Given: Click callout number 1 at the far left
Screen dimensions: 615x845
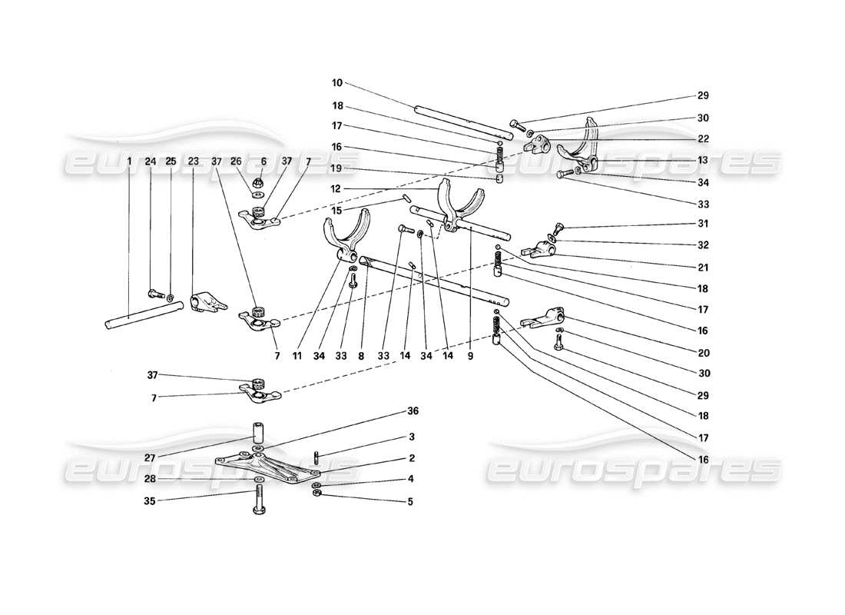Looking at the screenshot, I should [129, 161].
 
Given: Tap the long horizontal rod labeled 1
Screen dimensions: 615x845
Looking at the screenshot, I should [146, 316].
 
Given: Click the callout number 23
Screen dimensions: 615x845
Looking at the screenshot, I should [193, 161].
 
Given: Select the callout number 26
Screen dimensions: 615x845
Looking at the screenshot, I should [236, 161].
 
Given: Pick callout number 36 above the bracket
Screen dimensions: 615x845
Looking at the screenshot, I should [414, 412].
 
